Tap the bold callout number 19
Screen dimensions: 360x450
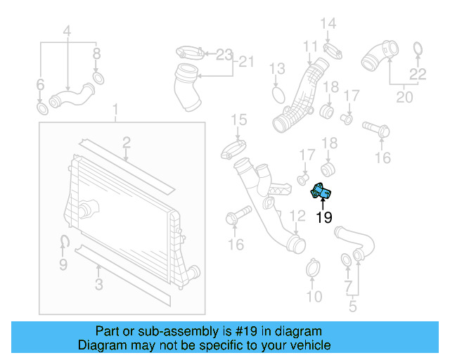pyautogui.click(x=323, y=218)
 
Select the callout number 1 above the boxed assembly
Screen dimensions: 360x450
pyautogui.click(x=117, y=111)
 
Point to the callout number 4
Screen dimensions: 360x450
pyautogui.click(x=67, y=31)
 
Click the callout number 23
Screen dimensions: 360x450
pyautogui.click(x=224, y=53)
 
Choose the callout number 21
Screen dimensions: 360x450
pyautogui.click(x=245, y=62)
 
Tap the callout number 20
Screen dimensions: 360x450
pyautogui.click(x=404, y=97)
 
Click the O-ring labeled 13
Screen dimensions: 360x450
pyautogui.click(x=278, y=94)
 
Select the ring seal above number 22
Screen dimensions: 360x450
pyautogui.click(x=417, y=49)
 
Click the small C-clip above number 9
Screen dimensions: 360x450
pyautogui.click(x=63, y=243)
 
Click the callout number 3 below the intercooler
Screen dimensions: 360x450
pyautogui.click(x=98, y=285)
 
